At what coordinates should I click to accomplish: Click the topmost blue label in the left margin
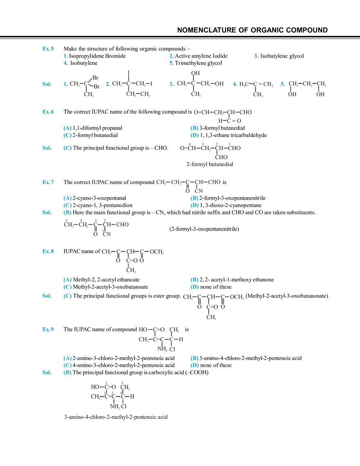(47, 49)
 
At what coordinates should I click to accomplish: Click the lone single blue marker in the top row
(255, 56)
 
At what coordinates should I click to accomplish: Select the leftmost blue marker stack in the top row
(65, 60)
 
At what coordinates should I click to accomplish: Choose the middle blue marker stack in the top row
(171, 60)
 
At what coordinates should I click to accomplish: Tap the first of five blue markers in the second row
(65, 84)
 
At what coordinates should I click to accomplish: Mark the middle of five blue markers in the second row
(171, 84)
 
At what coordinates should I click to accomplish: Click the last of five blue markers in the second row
(281, 84)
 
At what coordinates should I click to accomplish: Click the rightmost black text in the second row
(307, 85)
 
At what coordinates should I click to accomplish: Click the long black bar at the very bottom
(116, 417)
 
